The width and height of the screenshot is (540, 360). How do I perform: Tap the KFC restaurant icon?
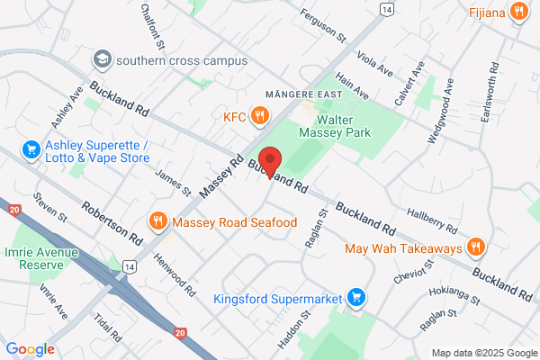[x=259, y=114]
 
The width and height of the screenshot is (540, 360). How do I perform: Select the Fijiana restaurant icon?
[x=518, y=13]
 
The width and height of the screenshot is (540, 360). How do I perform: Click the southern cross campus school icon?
[x=102, y=59]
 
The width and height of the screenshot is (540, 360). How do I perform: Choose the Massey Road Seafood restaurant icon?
[x=157, y=221]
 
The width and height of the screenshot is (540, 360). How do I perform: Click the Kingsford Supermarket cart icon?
[x=357, y=297]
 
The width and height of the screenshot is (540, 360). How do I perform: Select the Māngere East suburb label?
[x=298, y=94]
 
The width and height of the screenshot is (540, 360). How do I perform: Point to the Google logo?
[x=31, y=349]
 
